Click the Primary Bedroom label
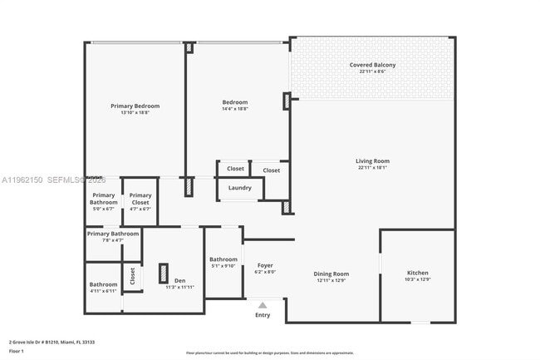(x=135, y=106)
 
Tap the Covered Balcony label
(x=372, y=65)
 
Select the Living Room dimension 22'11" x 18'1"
(x=373, y=168)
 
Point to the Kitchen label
(x=417, y=273)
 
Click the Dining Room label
(x=331, y=274)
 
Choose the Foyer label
(x=264, y=265)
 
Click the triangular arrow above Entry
(x=263, y=305)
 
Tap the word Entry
(x=263, y=315)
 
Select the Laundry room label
(x=240, y=188)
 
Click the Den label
(x=179, y=280)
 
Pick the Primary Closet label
(x=140, y=195)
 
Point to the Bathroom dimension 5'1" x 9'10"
(x=223, y=266)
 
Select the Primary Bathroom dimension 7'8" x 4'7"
(x=112, y=240)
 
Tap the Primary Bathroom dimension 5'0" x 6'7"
(x=104, y=209)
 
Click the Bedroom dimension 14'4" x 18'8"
(x=235, y=109)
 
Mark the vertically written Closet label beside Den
(x=132, y=276)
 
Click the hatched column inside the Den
(x=163, y=274)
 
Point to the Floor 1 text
(x=17, y=352)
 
